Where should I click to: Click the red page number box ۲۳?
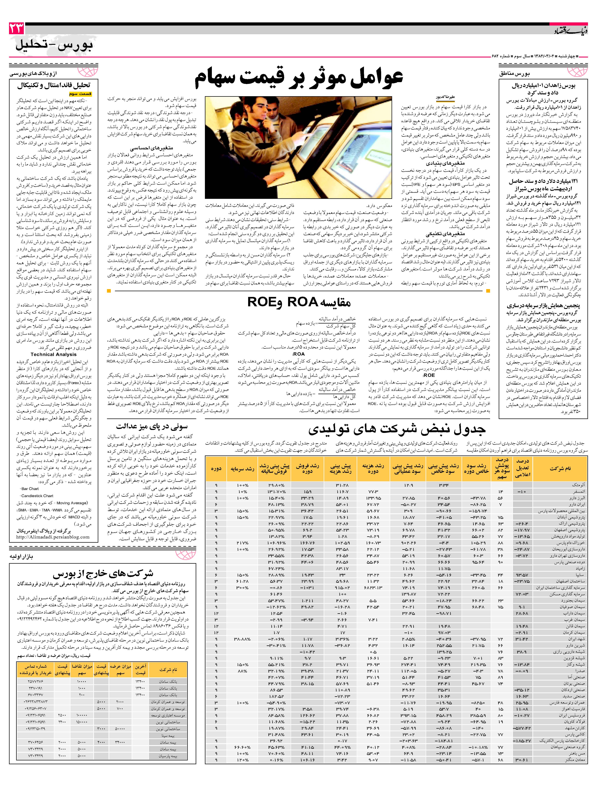(17, 28)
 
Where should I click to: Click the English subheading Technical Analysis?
(53, 354)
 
